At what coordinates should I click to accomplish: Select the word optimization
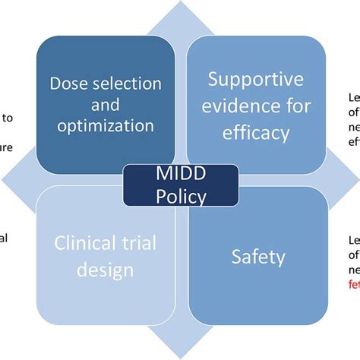[x=106, y=124]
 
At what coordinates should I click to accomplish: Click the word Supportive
[x=256, y=78]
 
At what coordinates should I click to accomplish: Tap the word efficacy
[x=256, y=133]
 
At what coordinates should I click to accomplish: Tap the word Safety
[x=258, y=257]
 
